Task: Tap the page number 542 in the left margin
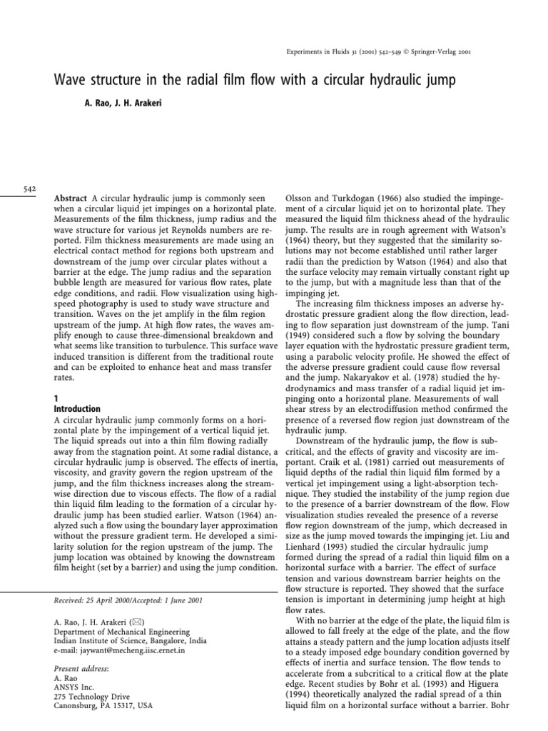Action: point(29,188)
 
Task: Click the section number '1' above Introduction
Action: point(57,398)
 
